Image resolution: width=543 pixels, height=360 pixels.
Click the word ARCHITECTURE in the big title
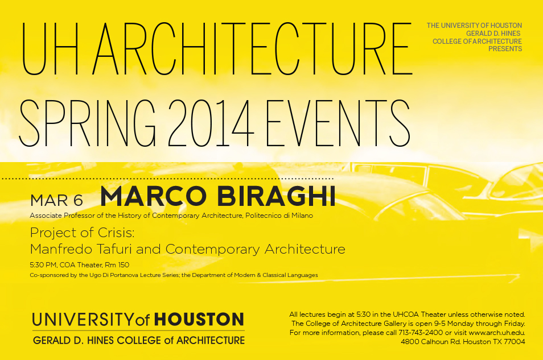[x=253, y=49]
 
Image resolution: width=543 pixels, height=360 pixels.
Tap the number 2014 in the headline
[x=211, y=123]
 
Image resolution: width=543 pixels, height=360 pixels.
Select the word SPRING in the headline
[x=87, y=123]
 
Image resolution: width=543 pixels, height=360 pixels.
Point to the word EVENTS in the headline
[x=338, y=123]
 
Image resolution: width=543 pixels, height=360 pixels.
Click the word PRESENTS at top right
[x=505, y=49]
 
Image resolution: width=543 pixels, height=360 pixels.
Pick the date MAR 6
[x=56, y=200]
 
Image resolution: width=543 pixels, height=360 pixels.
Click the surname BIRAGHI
[x=276, y=196]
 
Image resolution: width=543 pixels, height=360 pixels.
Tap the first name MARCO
[x=154, y=196]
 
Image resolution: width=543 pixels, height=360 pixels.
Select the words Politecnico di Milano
[x=279, y=216]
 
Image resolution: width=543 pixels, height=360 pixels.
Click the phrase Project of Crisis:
[x=82, y=233]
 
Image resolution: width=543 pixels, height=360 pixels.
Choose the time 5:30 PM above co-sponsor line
[x=43, y=265]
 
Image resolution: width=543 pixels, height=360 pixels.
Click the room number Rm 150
[x=117, y=265]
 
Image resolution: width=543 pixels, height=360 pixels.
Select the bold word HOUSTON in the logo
[x=199, y=319]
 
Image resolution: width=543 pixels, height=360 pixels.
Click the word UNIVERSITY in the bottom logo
[x=83, y=319]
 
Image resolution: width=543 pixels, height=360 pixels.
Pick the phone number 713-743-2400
[x=421, y=333]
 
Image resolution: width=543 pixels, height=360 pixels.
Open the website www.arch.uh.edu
[x=496, y=333]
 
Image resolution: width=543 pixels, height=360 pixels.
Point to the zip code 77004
[x=515, y=342]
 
